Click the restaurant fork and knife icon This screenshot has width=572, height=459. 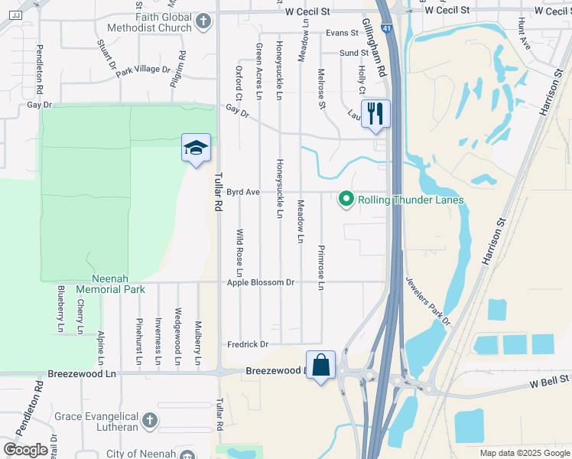375,114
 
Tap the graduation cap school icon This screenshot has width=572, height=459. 196,147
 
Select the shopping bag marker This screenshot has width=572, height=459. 321,364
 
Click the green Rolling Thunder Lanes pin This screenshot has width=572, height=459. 346,200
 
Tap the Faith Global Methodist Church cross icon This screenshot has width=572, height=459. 203,21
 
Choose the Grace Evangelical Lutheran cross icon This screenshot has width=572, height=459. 150,420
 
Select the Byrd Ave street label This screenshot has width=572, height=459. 242,192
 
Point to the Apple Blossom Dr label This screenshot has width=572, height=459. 261,282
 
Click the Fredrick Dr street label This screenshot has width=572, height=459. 248,344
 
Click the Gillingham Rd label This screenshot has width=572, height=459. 374,47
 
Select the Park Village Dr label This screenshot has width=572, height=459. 143,70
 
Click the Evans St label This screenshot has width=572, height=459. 341,33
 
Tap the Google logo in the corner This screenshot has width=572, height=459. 25,450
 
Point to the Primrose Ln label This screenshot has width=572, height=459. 321,268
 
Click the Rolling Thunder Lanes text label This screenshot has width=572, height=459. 411,200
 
